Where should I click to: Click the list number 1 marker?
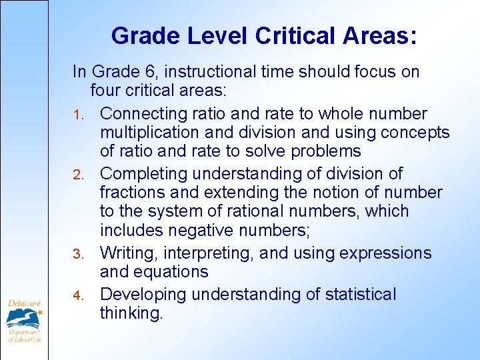77,115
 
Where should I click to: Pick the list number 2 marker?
77,175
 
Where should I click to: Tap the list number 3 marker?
77,255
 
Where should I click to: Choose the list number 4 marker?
77,295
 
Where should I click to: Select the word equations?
175,272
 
